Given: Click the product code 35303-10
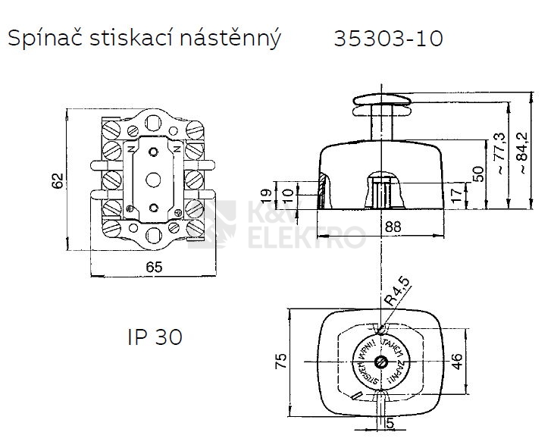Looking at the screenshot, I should coord(387,39).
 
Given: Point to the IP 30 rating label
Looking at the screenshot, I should coord(154,337).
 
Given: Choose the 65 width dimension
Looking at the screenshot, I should coord(154,266).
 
